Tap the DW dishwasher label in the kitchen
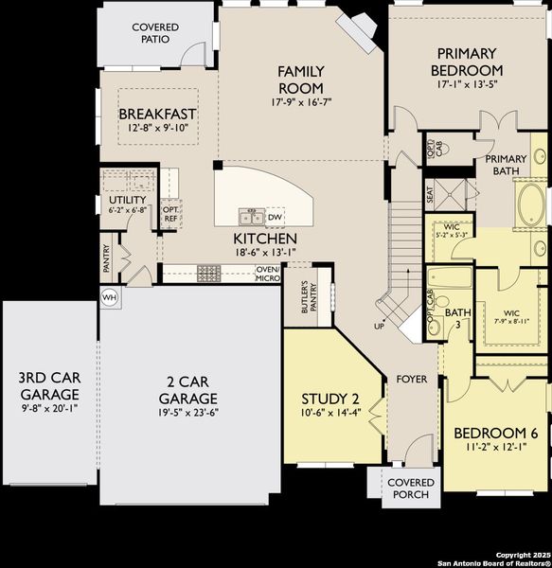coord(275,217)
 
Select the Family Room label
coord(301,79)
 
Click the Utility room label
coord(127,200)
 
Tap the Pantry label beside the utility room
coord(107,257)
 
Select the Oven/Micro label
coord(268,274)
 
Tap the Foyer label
coord(412,380)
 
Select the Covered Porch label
coord(411,488)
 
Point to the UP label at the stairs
coord(381,326)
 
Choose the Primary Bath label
coord(507,165)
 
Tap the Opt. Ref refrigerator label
coord(170,214)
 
